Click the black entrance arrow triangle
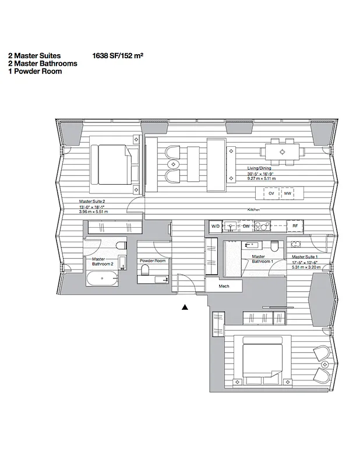185,306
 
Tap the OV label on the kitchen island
271,192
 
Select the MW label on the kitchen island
287,192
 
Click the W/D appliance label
215,225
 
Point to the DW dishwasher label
246,225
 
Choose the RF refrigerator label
295,225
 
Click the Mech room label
224,287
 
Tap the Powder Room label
153,261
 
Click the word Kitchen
253,209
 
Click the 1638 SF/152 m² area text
118,56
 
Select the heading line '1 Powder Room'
34,72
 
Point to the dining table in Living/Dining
282,151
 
